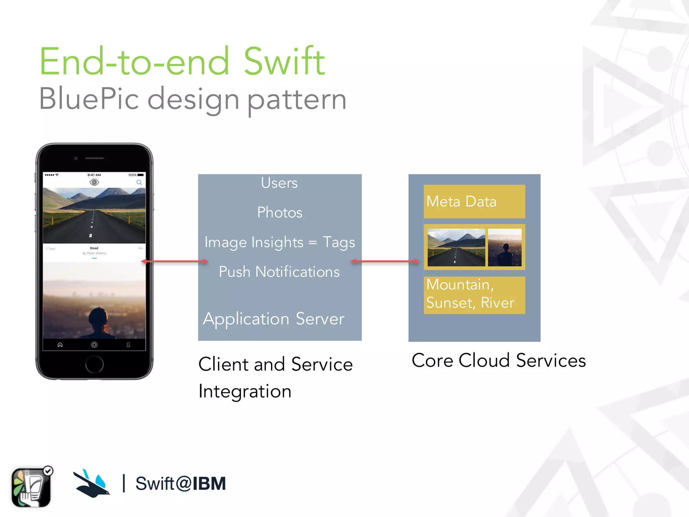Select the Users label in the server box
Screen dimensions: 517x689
click(279, 183)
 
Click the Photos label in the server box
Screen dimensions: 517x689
click(280, 212)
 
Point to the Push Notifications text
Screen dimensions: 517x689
click(279, 272)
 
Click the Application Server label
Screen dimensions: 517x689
click(274, 318)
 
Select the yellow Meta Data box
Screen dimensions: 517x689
click(474, 201)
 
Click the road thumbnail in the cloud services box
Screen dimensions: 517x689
click(456, 247)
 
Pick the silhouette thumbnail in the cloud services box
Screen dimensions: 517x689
click(505, 247)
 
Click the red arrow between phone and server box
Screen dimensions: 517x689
click(174, 261)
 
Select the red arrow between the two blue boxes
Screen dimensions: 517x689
click(385, 261)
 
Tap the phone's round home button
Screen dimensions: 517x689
click(94, 364)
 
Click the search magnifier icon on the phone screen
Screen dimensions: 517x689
click(139, 182)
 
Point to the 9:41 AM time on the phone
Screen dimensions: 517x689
click(94, 175)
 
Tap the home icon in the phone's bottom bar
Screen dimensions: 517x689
click(60, 345)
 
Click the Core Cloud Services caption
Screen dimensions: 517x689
click(499, 360)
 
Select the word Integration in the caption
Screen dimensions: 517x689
click(245, 391)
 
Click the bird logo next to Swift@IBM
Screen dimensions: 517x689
click(92, 484)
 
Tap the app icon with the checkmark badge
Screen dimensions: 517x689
click(31, 487)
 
